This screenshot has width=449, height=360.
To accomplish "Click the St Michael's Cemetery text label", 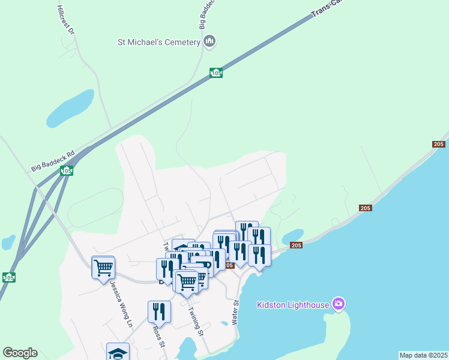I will click(x=158, y=42).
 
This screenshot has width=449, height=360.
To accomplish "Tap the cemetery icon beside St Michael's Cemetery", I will click(x=209, y=41).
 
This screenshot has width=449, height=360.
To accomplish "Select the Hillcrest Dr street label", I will click(x=65, y=20).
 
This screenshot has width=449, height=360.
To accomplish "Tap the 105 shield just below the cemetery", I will click(x=216, y=73).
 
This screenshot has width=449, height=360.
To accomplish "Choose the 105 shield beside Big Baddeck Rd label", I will click(x=66, y=172).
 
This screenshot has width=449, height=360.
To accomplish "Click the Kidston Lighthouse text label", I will click(x=293, y=305).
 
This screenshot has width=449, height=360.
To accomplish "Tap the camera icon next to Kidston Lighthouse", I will click(x=339, y=304).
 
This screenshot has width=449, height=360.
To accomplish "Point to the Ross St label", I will click(x=158, y=336).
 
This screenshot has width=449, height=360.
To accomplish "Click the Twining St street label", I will click(x=196, y=322).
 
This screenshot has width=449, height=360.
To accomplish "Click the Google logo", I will click(x=20, y=353).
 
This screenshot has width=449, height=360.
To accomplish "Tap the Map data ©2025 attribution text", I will click(x=424, y=355).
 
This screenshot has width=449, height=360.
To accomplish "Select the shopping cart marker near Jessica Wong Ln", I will click(x=103, y=267).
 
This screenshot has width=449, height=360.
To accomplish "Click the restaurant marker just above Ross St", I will click(x=159, y=311).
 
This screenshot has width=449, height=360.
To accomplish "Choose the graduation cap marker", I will click(x=118, y=352).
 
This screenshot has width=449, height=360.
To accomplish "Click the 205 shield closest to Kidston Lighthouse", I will click(x=296, y=245).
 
